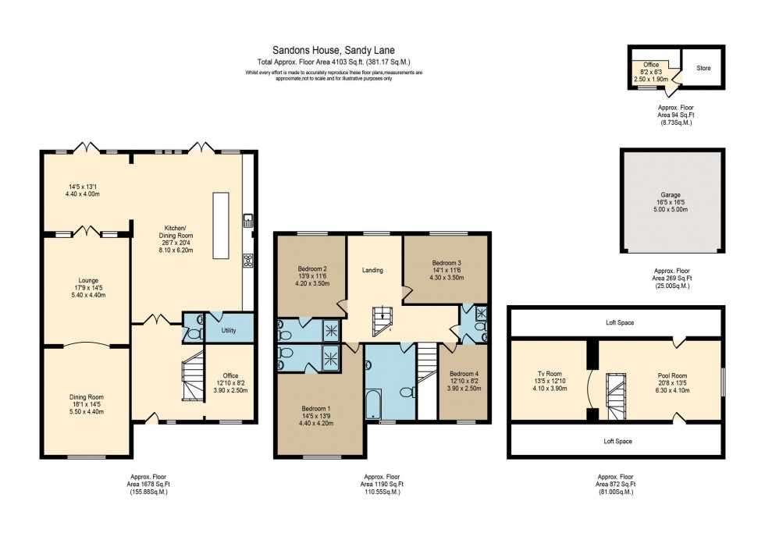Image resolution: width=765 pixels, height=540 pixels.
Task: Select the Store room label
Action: coord(703,68)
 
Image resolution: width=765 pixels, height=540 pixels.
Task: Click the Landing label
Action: coord(372,271)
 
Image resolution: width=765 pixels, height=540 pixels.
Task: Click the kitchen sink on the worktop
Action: coord(248,221)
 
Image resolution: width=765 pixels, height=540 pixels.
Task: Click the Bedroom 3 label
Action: coord(443,262)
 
